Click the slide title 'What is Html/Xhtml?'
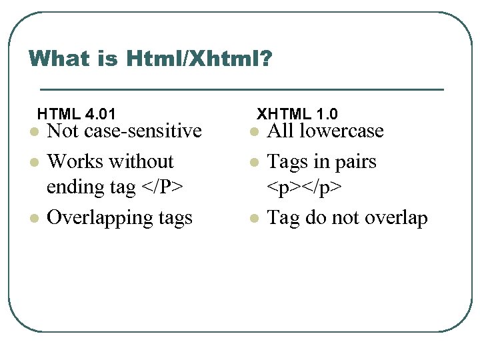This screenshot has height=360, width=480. (x=150, y=59)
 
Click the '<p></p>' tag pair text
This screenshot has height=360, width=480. (x=305, y=187)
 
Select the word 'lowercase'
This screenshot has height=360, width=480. (x=342, y=131)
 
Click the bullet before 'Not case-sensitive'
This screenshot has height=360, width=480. (x=33, y=132)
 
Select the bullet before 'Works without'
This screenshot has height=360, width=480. (x=33, y=163)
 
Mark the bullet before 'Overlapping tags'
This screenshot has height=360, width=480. (x=33, y=219)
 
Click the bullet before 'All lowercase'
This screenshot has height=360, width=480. (x=253, y=132)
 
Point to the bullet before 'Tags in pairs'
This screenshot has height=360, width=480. (x=253, y=163)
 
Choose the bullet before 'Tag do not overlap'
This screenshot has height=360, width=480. (x=253, y=219)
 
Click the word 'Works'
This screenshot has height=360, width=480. (x=71, y=161)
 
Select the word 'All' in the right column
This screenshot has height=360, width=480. (x=280, y=131)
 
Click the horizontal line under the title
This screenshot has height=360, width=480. (x=241, y=89)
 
